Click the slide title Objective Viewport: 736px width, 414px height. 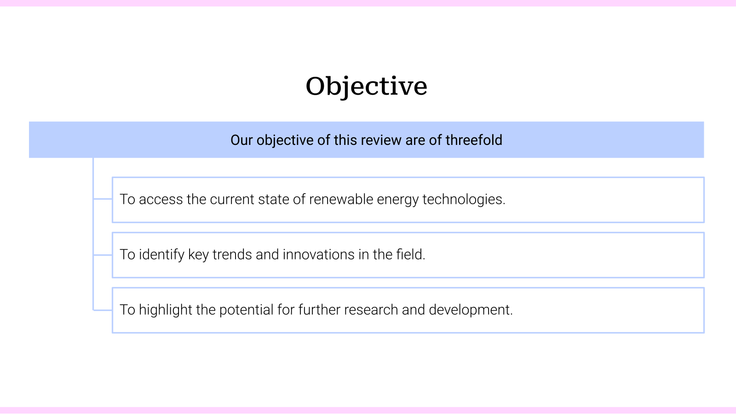(367, 86)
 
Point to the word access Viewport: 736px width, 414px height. (161, 199)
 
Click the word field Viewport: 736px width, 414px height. (410, 254)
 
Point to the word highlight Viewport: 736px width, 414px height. (165, 310)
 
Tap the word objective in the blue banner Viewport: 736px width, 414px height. (285, 140)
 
